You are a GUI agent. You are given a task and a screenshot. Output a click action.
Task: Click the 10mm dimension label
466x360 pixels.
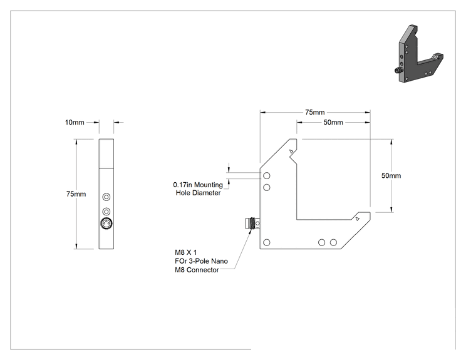pos(75,122)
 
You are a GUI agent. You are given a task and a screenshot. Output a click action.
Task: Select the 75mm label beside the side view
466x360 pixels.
pos(76,194)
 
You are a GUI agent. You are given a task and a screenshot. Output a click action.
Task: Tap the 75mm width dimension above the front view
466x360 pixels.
pos(314,112)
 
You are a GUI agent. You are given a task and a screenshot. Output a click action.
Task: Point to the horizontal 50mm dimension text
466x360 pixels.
pos(333,122)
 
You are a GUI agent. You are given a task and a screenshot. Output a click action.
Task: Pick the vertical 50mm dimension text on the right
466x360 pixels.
pos(391,175)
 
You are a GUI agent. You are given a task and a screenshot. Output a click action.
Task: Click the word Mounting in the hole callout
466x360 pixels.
pos(209,185)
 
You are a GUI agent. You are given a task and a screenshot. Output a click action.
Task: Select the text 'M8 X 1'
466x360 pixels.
pos(186,252)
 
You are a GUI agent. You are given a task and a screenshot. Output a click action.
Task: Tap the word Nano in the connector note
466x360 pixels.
pos(219,261)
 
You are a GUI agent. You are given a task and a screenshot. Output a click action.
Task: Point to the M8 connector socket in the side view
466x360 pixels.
pos(106,224)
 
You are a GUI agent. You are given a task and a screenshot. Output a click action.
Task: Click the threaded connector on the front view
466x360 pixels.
pos(252,224)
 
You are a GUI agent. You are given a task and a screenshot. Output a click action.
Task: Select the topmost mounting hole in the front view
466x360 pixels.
pos(267,176)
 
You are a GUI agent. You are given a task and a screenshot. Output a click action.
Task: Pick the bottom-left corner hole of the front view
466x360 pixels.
pos(267,242)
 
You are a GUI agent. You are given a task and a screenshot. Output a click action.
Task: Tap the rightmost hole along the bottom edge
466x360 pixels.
pos(333,242)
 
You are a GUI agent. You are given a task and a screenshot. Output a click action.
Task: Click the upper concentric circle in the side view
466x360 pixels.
pos(106,197)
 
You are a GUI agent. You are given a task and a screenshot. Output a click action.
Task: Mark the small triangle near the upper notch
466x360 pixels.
pos(291,152)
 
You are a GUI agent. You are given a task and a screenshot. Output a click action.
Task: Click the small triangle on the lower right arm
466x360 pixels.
pos(358,219)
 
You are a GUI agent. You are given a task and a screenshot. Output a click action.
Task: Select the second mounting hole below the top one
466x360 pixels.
pos(267,187)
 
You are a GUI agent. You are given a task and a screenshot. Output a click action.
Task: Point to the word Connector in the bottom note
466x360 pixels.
pos(203,270)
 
